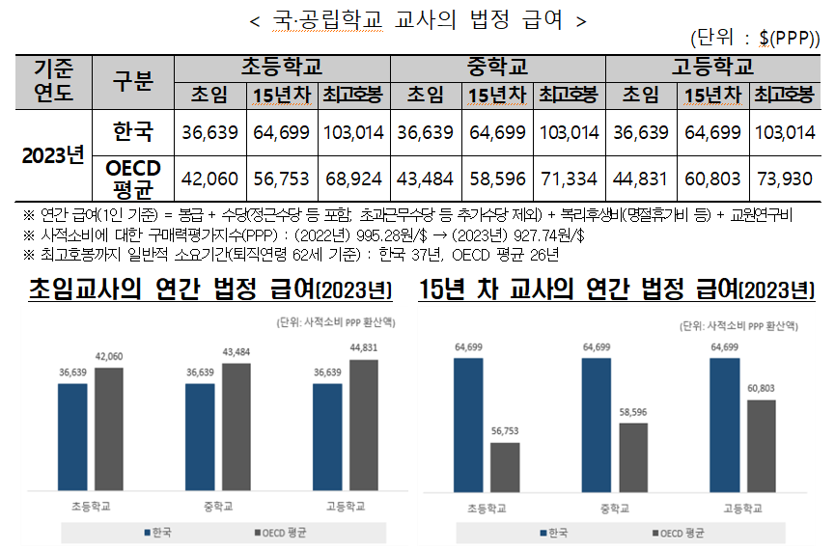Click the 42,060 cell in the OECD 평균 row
(210, 178)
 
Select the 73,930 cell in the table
(786, 178)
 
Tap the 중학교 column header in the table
(498, 68)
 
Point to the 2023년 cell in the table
(53, 154)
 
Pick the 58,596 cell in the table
(497, 178)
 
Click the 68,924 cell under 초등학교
(353, 178)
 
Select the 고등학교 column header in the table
(713, 68)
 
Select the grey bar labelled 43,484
(237, 427)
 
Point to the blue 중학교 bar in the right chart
(597, 424)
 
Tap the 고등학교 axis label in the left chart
(346, 506)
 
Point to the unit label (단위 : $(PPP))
(756, 39)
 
